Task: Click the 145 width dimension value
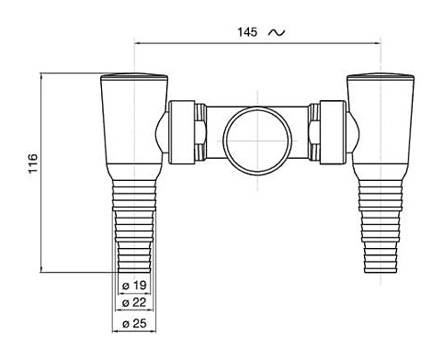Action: point(247,32)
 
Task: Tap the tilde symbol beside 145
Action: point(277,32)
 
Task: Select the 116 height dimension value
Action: point(33,163)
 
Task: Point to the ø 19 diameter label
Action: point(135,286)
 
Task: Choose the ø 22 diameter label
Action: point(134,302)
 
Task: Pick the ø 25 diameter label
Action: point(134,323)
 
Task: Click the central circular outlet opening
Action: point(257,141)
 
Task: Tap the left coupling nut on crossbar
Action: point(182,132)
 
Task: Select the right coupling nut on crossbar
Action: point(333,132)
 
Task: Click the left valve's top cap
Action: point(134,75)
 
